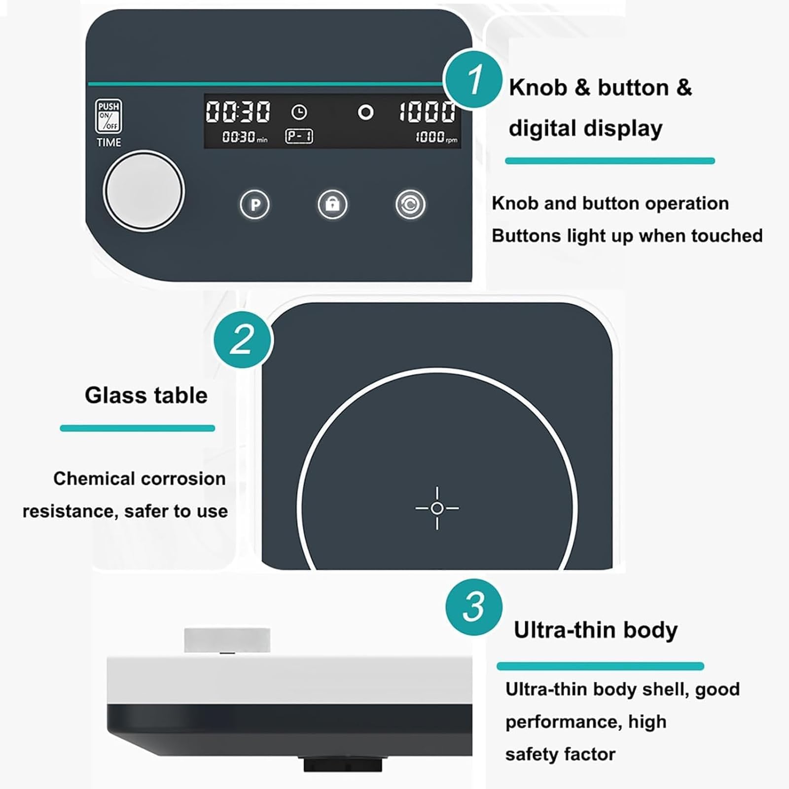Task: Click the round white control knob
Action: coord(143,191)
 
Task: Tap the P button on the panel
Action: coord(255,204)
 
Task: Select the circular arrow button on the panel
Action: coord(410,204)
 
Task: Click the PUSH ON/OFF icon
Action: coord(108,116)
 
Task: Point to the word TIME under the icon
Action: coord(109,143)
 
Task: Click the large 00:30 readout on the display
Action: coord(238,111)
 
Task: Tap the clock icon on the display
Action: coord(299,112)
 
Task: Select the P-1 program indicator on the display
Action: coord(299,136)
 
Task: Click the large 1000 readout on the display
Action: coord(427,111)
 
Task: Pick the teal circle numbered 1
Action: coord(473,79)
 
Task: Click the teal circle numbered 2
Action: coord(243,339)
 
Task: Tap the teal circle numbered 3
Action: coord(474,607)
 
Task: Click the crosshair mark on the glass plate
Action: coord(437,508)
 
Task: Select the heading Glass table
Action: coord(146,395)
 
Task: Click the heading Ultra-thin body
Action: coord(596,630)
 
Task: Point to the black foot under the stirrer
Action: coord(343,764)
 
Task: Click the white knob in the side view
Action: coord(227,640)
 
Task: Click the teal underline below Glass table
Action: coord(138,428)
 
